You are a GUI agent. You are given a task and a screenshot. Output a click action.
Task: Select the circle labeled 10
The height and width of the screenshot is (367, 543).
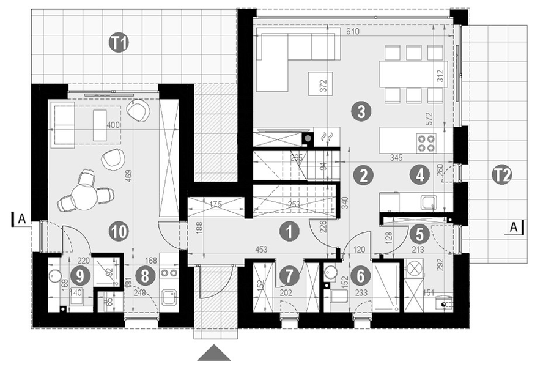119,231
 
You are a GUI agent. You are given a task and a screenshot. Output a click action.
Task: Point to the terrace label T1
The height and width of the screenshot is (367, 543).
119,42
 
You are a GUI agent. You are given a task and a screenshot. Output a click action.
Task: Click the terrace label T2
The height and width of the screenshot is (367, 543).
501,176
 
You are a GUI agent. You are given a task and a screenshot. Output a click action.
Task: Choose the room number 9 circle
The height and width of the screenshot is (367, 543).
79,275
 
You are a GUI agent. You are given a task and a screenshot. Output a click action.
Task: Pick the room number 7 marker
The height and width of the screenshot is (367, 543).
286,276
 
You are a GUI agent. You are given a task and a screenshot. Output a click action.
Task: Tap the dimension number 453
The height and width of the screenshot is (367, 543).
260,249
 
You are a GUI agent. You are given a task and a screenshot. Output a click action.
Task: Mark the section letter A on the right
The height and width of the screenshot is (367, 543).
515,227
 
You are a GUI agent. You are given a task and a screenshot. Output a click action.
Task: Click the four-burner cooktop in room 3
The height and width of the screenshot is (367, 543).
426,143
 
